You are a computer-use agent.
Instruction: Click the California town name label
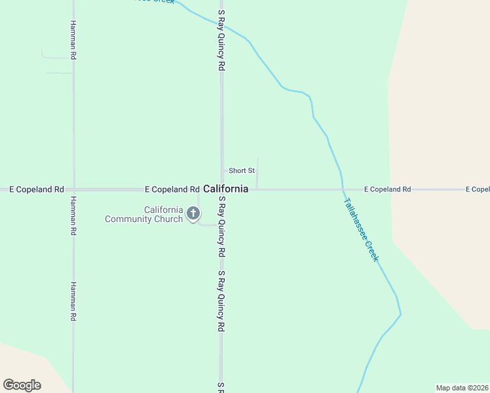[226, 189]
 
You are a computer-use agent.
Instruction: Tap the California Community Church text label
[144, 214]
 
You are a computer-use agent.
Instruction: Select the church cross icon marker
[193, 213]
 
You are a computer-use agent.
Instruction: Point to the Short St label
[241, 171]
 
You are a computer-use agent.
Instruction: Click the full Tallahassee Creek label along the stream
[361, 230]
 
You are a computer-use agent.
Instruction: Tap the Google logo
[22, 385]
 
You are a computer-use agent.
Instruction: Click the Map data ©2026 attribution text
[461, 387]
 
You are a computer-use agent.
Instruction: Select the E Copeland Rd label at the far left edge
[36, 189]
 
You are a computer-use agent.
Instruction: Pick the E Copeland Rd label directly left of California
[172, 189]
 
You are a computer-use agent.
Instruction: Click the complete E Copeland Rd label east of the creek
[387, 189]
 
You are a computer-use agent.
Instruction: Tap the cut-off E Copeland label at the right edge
[478, 189]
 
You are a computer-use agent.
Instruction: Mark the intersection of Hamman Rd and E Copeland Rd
[73, 189]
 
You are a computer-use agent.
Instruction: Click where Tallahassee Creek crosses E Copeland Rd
[343, 189]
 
